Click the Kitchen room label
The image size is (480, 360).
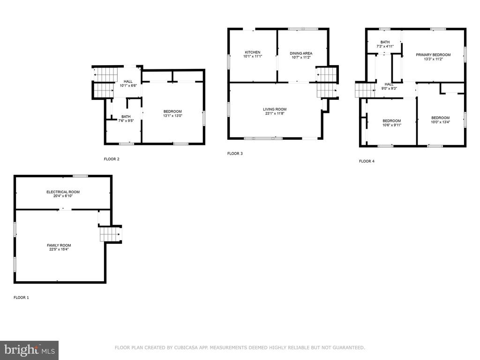[253, 52]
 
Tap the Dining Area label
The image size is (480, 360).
[301, 53]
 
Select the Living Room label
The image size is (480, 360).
[275, 109]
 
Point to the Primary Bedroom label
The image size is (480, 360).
[433, 55]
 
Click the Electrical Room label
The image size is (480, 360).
[63, 192]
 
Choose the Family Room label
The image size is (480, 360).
[59, 245]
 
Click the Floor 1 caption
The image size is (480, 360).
[21, 298]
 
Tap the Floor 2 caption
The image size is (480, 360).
[112, 159]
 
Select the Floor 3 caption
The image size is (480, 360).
[235, 153]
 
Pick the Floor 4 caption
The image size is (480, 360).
[367, 161]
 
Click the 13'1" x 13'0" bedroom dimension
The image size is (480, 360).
[172, 116]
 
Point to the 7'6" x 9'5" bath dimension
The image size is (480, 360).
[126, 120]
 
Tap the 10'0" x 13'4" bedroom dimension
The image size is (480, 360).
[441, 122]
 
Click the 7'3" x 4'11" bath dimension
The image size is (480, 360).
[385, 46]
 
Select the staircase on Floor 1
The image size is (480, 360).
[110, 234]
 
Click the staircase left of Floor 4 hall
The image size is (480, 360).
[365, 90]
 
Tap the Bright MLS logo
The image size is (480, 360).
[30, 350]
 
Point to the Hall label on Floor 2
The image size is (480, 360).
[128, 82]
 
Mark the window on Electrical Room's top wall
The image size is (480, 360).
[80, 176]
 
